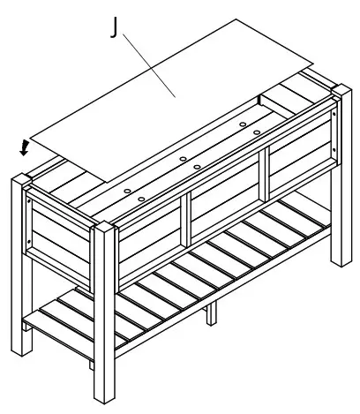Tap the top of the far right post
(x=341, y=91)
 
